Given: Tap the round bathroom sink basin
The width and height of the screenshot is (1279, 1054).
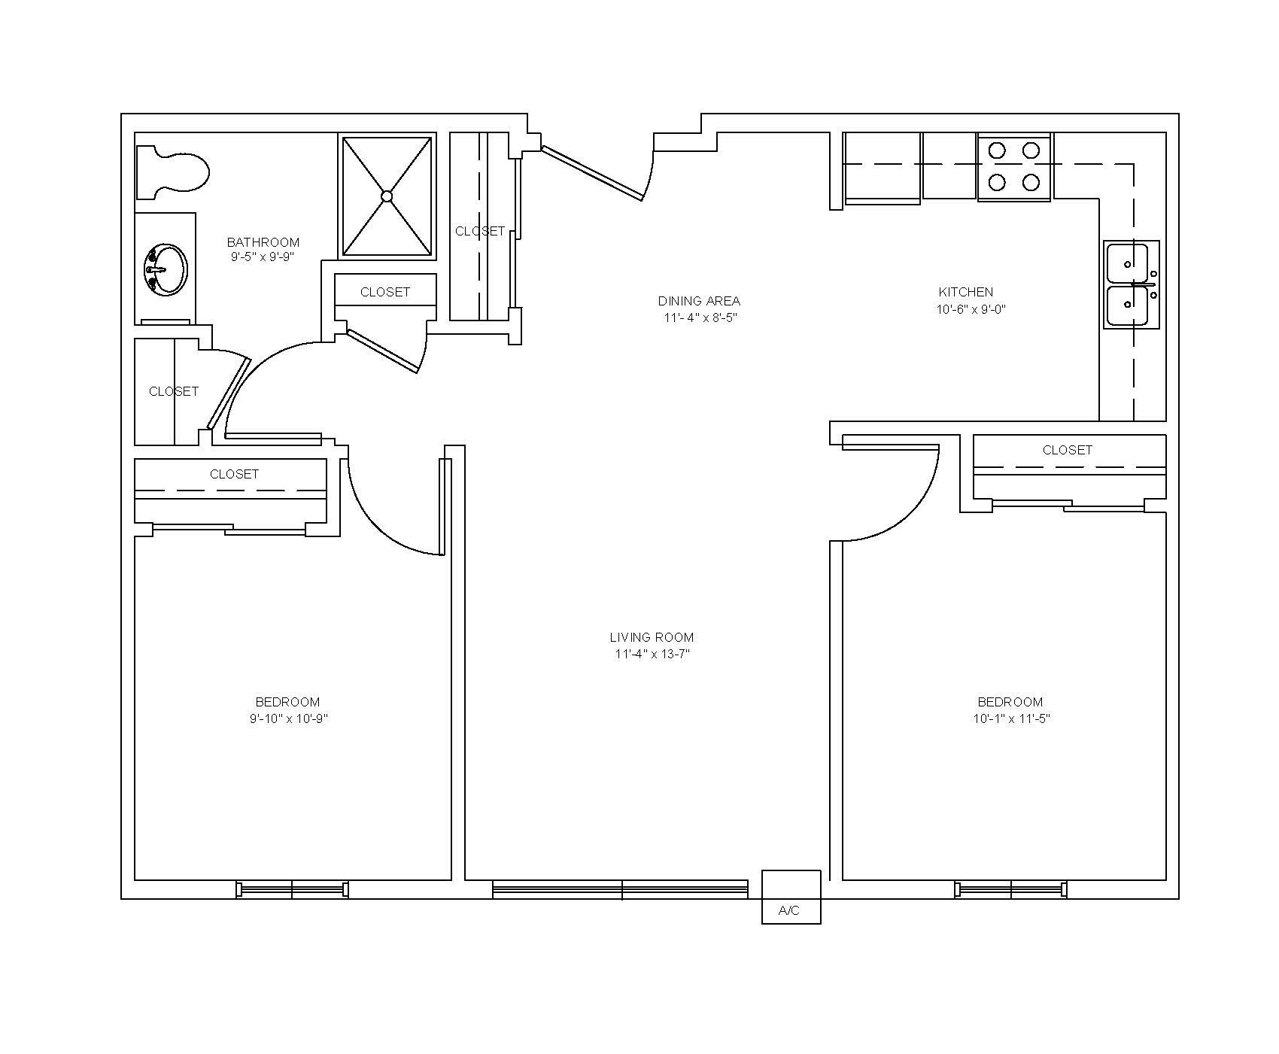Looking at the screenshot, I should click(166, 269).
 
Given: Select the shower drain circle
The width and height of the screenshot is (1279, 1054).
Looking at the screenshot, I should click(387, 196).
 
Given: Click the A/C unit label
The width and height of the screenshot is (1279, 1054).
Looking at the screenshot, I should click(789, 911).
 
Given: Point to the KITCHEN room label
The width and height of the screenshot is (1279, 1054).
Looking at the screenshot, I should click(966, 292).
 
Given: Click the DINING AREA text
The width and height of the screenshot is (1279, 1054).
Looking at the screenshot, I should click(699, 301).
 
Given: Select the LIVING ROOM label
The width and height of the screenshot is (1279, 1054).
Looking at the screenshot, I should click(652, 637).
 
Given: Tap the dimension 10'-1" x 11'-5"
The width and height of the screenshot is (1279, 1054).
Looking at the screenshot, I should click(1011, 718).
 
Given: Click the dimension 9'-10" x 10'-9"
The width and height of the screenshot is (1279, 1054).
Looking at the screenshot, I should click(289, 718).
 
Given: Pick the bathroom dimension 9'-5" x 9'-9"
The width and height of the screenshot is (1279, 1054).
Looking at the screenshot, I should click(262, 257).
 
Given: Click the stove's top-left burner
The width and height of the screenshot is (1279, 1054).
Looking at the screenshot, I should click(997, 150).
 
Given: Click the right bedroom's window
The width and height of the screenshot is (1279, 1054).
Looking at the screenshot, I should click(1011, 890).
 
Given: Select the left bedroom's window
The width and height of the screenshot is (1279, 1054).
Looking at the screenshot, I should click(292, 890).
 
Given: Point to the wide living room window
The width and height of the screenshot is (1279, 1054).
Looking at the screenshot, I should click(621, 890).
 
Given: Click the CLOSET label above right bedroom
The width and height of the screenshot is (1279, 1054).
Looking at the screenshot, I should click(1067, 450).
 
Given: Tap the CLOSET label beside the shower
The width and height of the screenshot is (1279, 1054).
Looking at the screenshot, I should click(479, 231).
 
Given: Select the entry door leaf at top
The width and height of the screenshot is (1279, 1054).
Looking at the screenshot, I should click(593, 174).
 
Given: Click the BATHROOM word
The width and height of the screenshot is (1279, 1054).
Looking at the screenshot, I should click(263, 242).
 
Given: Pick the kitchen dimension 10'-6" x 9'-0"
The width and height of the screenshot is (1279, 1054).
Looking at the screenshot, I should click(971, 309).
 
